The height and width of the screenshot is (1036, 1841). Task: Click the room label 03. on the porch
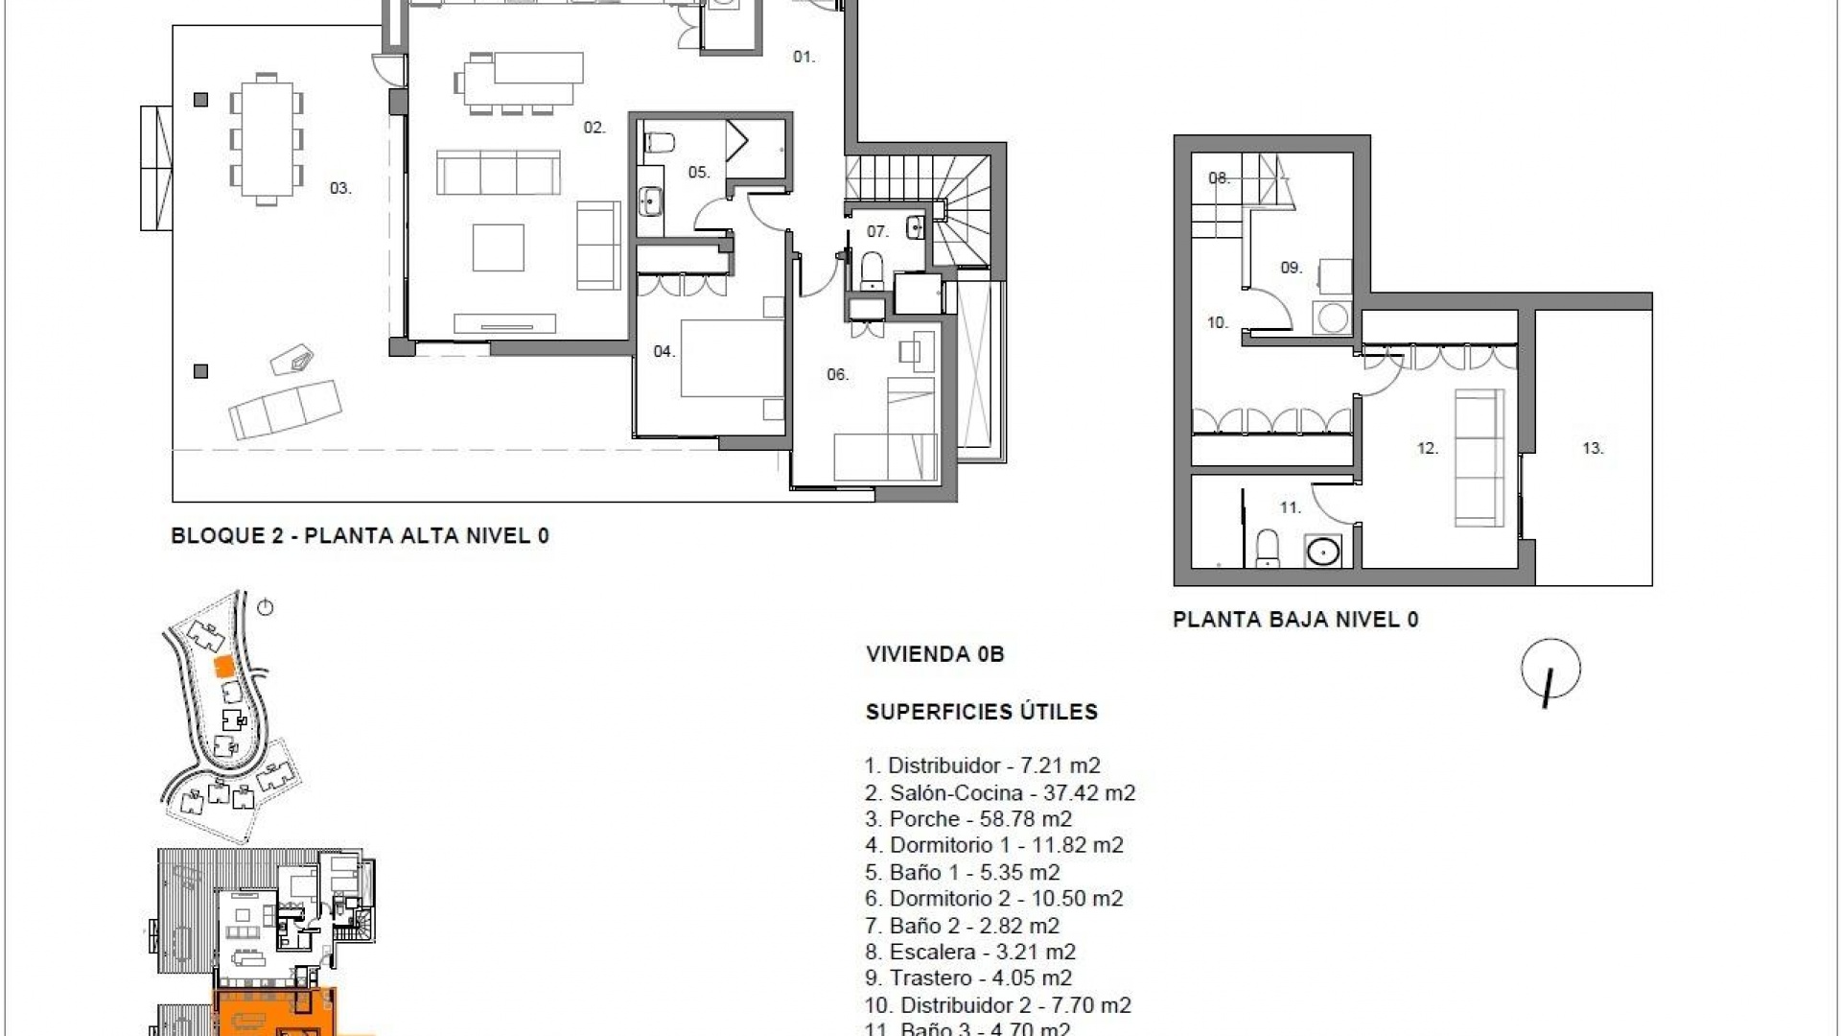click(x=340, y=189)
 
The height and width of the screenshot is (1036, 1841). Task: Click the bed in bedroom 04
click(x=733, y=358)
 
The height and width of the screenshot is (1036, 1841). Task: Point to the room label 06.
click(x=837, y=375)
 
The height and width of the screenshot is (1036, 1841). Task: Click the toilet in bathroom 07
click(x=872, y=270)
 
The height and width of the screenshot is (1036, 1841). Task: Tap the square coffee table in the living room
click(x=498, y=247)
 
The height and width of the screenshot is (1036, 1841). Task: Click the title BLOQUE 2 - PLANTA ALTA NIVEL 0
click(x=360, y=536)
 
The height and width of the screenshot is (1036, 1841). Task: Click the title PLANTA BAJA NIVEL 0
click(x=1295, y=620)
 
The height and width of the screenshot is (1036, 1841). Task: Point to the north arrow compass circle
click(x=1550, y=669)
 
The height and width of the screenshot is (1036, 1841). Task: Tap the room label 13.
click(x=1593, y=449)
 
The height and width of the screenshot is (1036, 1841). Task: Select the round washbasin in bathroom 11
click(x=1324, y=552)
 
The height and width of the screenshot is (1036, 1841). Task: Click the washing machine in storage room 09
click(x=1331, y=318)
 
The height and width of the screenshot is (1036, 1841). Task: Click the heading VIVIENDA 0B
click(x=934, y=655)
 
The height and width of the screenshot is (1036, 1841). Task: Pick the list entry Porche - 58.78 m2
click(x=968, y=819)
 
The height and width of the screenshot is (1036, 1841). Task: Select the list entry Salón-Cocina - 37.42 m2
click(x=1000, y=793)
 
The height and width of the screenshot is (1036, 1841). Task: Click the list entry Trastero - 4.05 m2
click(x=968, y=978)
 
